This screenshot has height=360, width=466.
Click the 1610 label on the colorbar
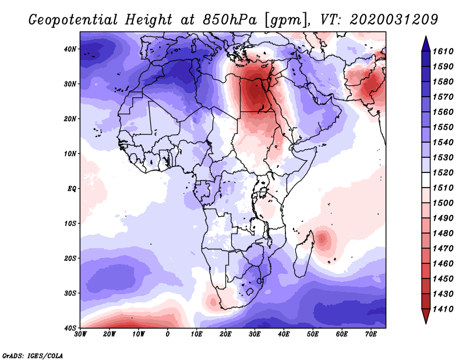(443, 51)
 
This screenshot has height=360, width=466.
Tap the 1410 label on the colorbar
(443, 309)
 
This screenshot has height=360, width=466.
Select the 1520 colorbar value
(443, 172)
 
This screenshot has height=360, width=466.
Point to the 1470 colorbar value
(443, 249)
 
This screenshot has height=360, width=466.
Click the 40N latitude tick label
(70, 49)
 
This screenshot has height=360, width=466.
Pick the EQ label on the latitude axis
(72, 189)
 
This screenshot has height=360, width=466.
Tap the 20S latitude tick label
(70, 258)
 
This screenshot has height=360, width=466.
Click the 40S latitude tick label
(70, 328)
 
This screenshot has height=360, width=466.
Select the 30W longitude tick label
(80, 334)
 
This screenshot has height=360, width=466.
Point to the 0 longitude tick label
(168, 334)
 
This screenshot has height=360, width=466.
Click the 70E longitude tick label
(371, 334)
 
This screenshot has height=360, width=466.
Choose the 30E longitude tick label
(255, 334)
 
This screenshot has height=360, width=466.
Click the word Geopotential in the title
(73, 20)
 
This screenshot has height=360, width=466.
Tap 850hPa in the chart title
(230, 20)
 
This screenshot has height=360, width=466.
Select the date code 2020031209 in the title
(394, 19)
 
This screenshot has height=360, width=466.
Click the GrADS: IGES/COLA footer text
(33, 355)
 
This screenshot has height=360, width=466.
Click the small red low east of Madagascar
(322, 238)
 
